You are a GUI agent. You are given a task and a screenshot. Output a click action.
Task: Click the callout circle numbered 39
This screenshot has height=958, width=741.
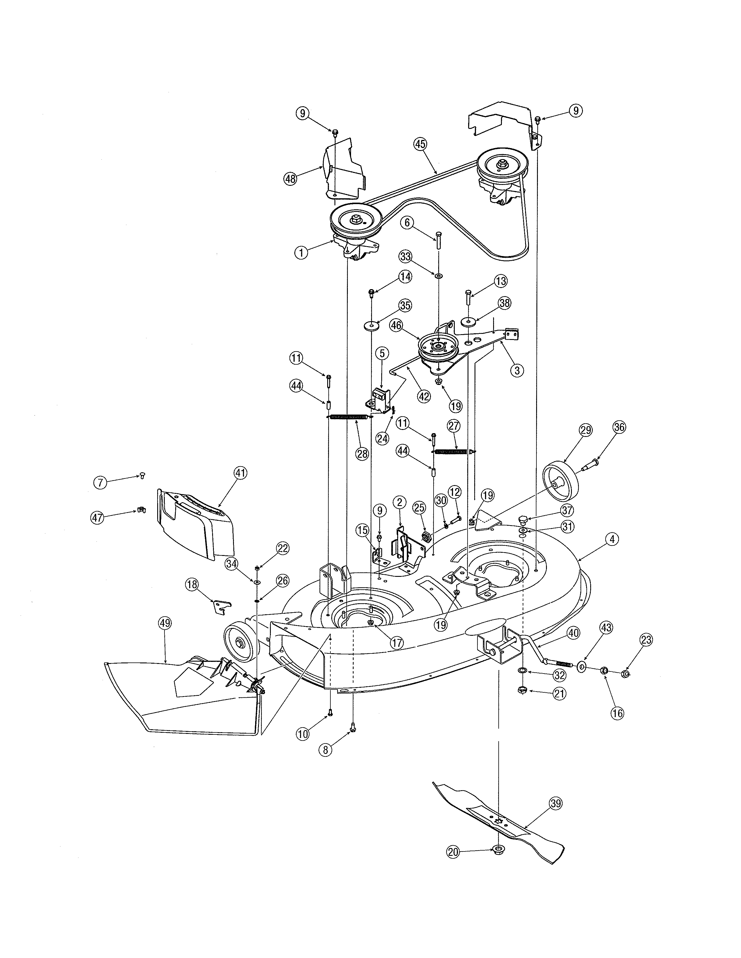(556, 804)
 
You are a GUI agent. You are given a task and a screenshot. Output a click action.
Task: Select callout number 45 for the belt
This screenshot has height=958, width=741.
(420, 144)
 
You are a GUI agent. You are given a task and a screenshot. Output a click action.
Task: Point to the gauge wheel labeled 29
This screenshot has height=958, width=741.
(561, 482)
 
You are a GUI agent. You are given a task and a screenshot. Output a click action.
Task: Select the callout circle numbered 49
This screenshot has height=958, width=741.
(166, 623)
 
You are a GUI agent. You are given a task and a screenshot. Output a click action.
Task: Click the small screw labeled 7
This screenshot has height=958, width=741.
(142, 475)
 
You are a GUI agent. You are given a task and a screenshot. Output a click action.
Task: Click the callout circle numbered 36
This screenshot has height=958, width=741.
(620, 427)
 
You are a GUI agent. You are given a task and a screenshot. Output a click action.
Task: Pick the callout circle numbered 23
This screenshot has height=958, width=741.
(646, 640)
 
